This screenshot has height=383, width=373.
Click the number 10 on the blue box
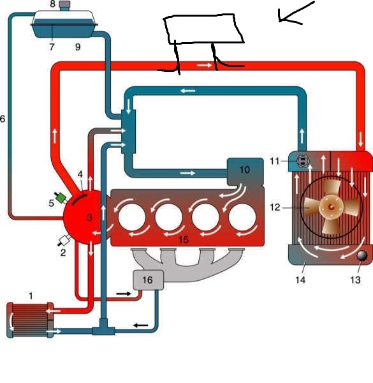tap(245, 170)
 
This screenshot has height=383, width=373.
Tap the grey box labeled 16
tap(148, 280)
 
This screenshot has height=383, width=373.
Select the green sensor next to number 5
tap(61, 197)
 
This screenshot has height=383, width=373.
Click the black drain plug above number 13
tap(362, 256)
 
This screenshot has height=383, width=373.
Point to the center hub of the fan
tap(331, 207)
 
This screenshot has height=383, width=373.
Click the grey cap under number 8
tap(64, 5)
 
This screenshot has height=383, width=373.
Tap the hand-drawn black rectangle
tap(203, 29)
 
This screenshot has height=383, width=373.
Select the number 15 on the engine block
tap(184, 239)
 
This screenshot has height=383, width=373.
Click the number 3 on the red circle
tap(89, 218)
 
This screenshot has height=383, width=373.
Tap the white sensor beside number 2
tap(64, 240)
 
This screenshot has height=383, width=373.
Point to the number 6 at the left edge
tap(3, 119)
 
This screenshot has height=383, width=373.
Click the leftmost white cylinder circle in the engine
tap(132, 217)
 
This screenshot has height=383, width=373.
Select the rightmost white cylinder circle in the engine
tap(242, 217)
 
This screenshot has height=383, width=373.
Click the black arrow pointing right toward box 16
tap(124, 294)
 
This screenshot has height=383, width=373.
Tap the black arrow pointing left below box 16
tap(141, 326)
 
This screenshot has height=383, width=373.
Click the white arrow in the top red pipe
tap(205, 66)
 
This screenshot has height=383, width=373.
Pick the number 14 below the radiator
tap(300, 280)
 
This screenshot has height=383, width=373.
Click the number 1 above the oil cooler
tap(31, 296)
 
